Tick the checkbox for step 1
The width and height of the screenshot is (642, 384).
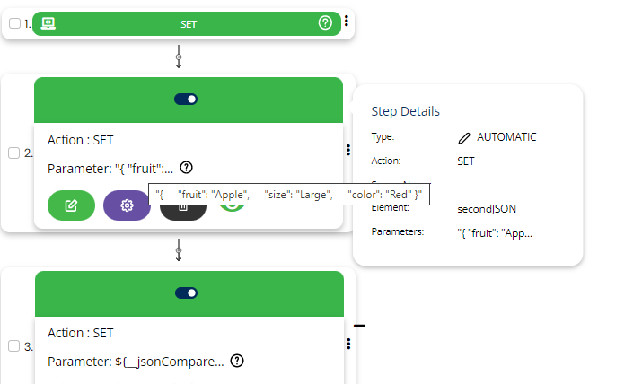(x=14, y=23)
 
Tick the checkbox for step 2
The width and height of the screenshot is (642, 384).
(x=14, y=153)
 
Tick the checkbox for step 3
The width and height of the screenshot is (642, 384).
(x=14, y=345)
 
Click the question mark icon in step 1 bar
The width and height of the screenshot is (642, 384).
(x=325, y=23)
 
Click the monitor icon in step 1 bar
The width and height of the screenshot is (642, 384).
(x=48, y=23)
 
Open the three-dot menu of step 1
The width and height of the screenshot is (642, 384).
(x=347, y=22)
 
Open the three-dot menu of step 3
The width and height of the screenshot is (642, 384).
(x=347, y=344)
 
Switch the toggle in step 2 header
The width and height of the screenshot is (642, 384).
(x=188, y=99)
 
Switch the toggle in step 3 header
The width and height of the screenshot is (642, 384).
(x=188, y=292)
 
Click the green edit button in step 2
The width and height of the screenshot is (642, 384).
(x=71, y=205)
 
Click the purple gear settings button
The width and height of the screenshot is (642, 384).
(x=128, y=205)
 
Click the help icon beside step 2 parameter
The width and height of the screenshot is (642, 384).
(x=186, y=167)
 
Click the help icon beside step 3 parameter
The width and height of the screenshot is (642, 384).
(x=237, y=361)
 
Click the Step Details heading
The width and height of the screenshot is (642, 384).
(x=406, y=111)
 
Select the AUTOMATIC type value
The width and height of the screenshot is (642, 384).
(x=506, y=137)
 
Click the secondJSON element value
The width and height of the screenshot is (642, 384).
(x=487, y=209)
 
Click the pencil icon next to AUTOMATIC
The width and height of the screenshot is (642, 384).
(x=463, y=137)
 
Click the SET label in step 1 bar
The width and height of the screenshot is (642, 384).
(x=188, y=24)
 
